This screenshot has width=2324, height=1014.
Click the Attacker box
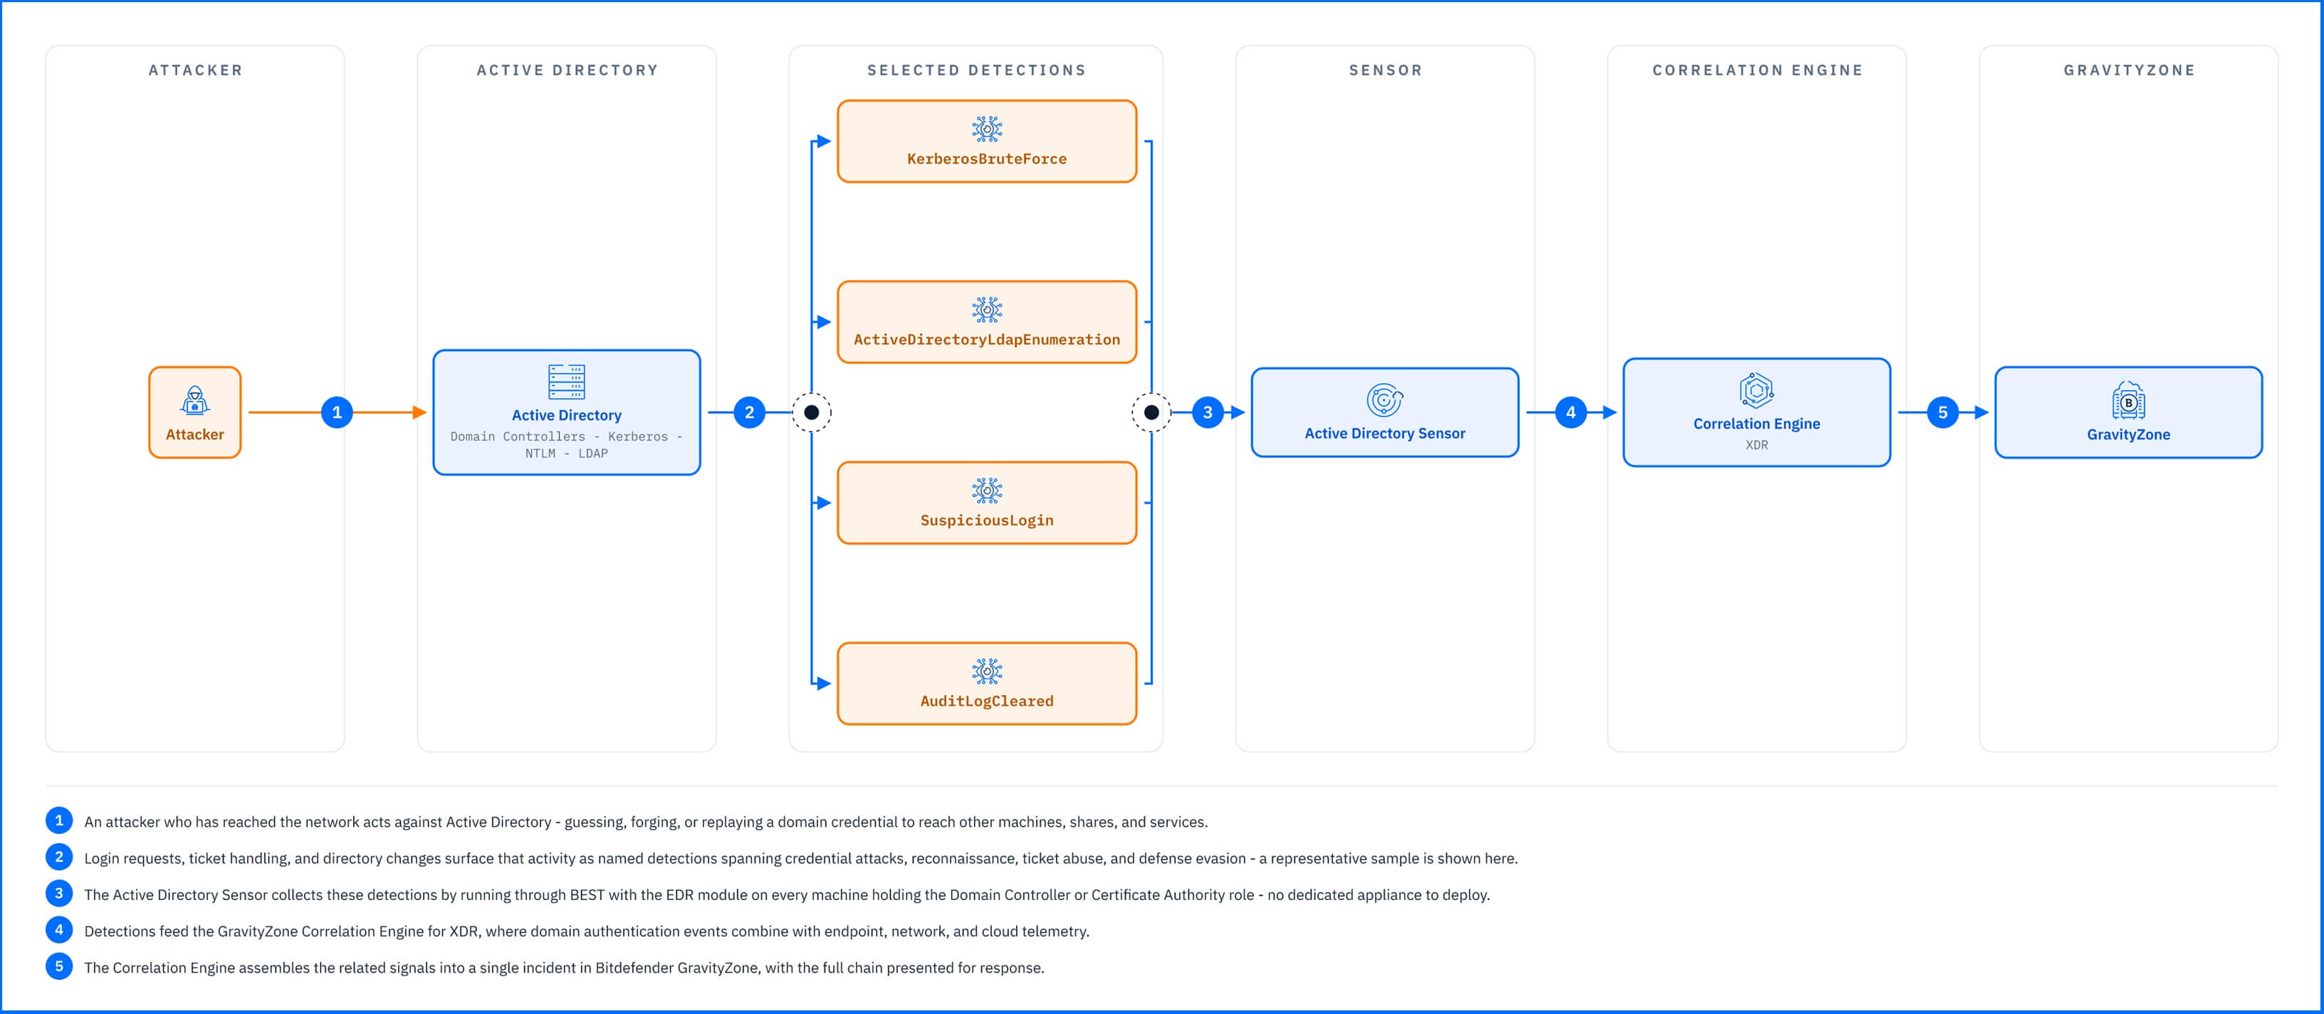coord(195,412)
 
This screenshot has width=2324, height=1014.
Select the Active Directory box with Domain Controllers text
coord(567,412)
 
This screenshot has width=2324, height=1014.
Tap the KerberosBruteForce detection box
coord(987,142)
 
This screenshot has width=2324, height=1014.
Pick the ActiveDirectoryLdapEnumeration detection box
coord(987,322)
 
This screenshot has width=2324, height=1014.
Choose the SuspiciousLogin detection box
coord(987,503)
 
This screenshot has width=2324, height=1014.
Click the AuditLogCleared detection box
coord(987,684)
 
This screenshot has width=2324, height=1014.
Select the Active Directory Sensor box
coord(1385,412)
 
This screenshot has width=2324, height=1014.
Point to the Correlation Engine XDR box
coord(1757,412)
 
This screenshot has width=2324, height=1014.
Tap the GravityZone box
coord(2128,412)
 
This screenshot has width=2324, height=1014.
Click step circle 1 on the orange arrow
coord(337,412)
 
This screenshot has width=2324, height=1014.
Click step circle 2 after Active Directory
coord(749,412)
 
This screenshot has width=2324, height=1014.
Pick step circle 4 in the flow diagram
coord(1571,412)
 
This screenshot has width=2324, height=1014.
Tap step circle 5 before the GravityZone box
coord(1942,412)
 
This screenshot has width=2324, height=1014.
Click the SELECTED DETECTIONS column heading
coord(976,70)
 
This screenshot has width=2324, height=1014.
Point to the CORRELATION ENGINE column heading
coord(1757,70)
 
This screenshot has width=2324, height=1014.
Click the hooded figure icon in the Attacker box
coord(195,399)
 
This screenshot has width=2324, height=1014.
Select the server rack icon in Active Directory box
coord(567,382)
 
